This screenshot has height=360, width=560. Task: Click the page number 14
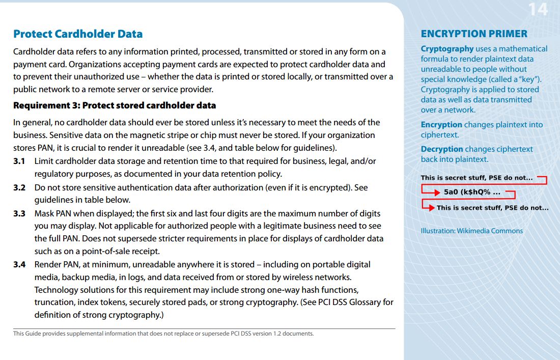538,9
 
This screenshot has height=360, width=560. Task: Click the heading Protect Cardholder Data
78,34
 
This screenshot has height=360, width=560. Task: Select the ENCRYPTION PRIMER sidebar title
474,34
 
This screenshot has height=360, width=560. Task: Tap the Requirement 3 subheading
115,105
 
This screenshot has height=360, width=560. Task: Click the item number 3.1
19,161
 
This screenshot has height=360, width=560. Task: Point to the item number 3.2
19,187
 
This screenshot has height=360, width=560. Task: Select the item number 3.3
19,213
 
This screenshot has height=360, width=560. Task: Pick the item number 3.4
19,264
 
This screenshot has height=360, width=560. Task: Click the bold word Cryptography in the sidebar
447,49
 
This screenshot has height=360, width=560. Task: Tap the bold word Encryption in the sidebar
441,125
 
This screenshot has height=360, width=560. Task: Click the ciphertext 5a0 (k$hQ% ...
471,192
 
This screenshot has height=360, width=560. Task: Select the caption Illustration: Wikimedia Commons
471,231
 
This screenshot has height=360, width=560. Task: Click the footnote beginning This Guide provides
163,334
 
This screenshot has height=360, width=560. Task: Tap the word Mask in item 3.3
44,213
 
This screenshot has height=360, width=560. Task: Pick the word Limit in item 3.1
44,161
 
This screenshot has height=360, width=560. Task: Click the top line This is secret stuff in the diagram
477,178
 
